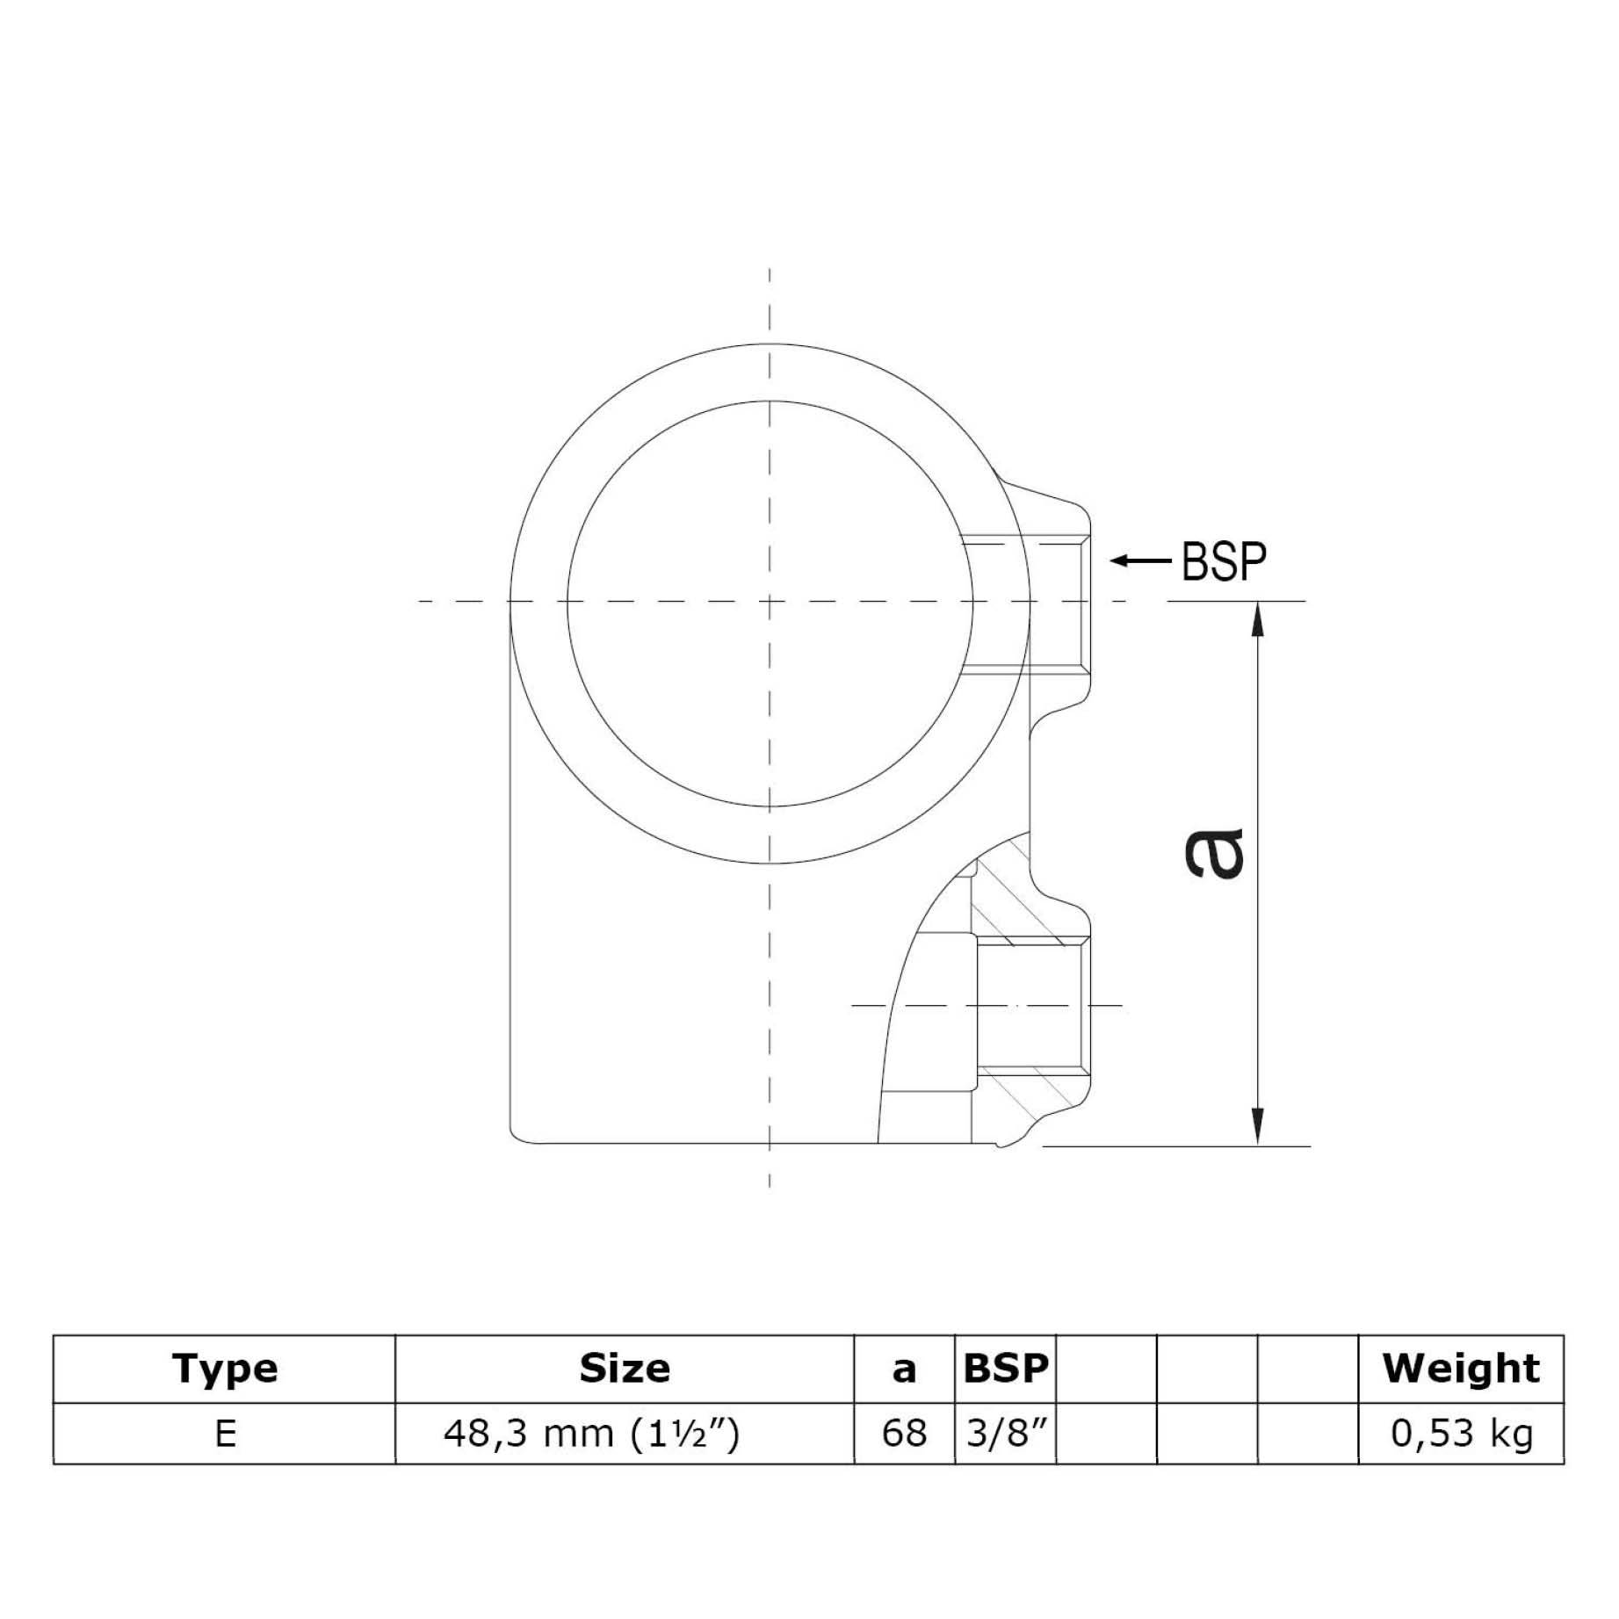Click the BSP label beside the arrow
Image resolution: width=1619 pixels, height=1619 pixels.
coord(1224,562)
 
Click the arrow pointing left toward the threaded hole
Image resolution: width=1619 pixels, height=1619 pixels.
coord(1140,560)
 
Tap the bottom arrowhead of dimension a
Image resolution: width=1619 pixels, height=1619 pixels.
coord(1259,1128)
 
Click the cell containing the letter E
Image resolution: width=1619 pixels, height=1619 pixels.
coord(225,1434)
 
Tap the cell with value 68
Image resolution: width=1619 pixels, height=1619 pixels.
coord(904,1434)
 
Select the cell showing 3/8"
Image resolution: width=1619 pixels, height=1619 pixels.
coord(1006,1434)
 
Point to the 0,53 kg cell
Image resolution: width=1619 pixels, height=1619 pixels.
coord(1461,1434)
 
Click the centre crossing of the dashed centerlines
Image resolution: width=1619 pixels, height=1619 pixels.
coord(770,602)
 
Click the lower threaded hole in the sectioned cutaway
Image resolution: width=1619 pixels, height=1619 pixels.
coord(1032,1005)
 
